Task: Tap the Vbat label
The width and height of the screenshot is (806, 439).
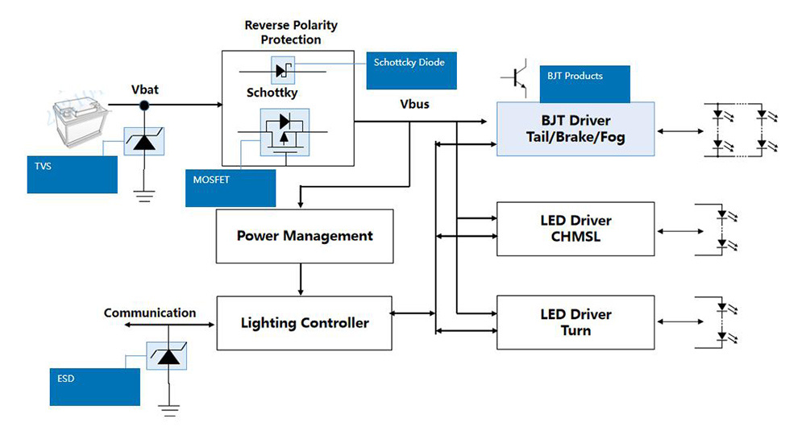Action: tap(145, 90)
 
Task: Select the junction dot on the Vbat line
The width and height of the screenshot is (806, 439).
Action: tap(144, 106)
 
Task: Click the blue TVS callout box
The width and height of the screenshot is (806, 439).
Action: tap(72, 175)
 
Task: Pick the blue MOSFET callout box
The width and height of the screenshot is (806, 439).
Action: tap(231, 188)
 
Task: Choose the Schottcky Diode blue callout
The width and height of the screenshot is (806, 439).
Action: tap(411, 70)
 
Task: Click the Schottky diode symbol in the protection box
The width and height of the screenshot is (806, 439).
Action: tap(283, 70)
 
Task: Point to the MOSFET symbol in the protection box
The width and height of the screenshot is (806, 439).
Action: tap(285, 132)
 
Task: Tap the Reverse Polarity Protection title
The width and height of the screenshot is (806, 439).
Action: tap(291, 32)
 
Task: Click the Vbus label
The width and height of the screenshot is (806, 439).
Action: tap(414, 104)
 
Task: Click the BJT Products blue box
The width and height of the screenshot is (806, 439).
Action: tap(585, 85)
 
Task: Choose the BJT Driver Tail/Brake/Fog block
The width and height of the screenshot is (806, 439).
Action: tap(575, 129)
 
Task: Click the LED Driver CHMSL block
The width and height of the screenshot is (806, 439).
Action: tap(575, 229)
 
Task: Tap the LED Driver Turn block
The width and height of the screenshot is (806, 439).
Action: tap(575, 322)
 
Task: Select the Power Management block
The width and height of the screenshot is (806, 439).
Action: tap(305, 236)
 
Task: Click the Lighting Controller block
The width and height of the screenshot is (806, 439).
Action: tap(305, 323)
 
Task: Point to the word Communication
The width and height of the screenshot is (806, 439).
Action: tap(150, 313)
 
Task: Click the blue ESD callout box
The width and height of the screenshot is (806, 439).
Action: tap(94, 387)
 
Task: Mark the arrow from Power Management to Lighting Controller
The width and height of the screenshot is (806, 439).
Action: tap(300, 280)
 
